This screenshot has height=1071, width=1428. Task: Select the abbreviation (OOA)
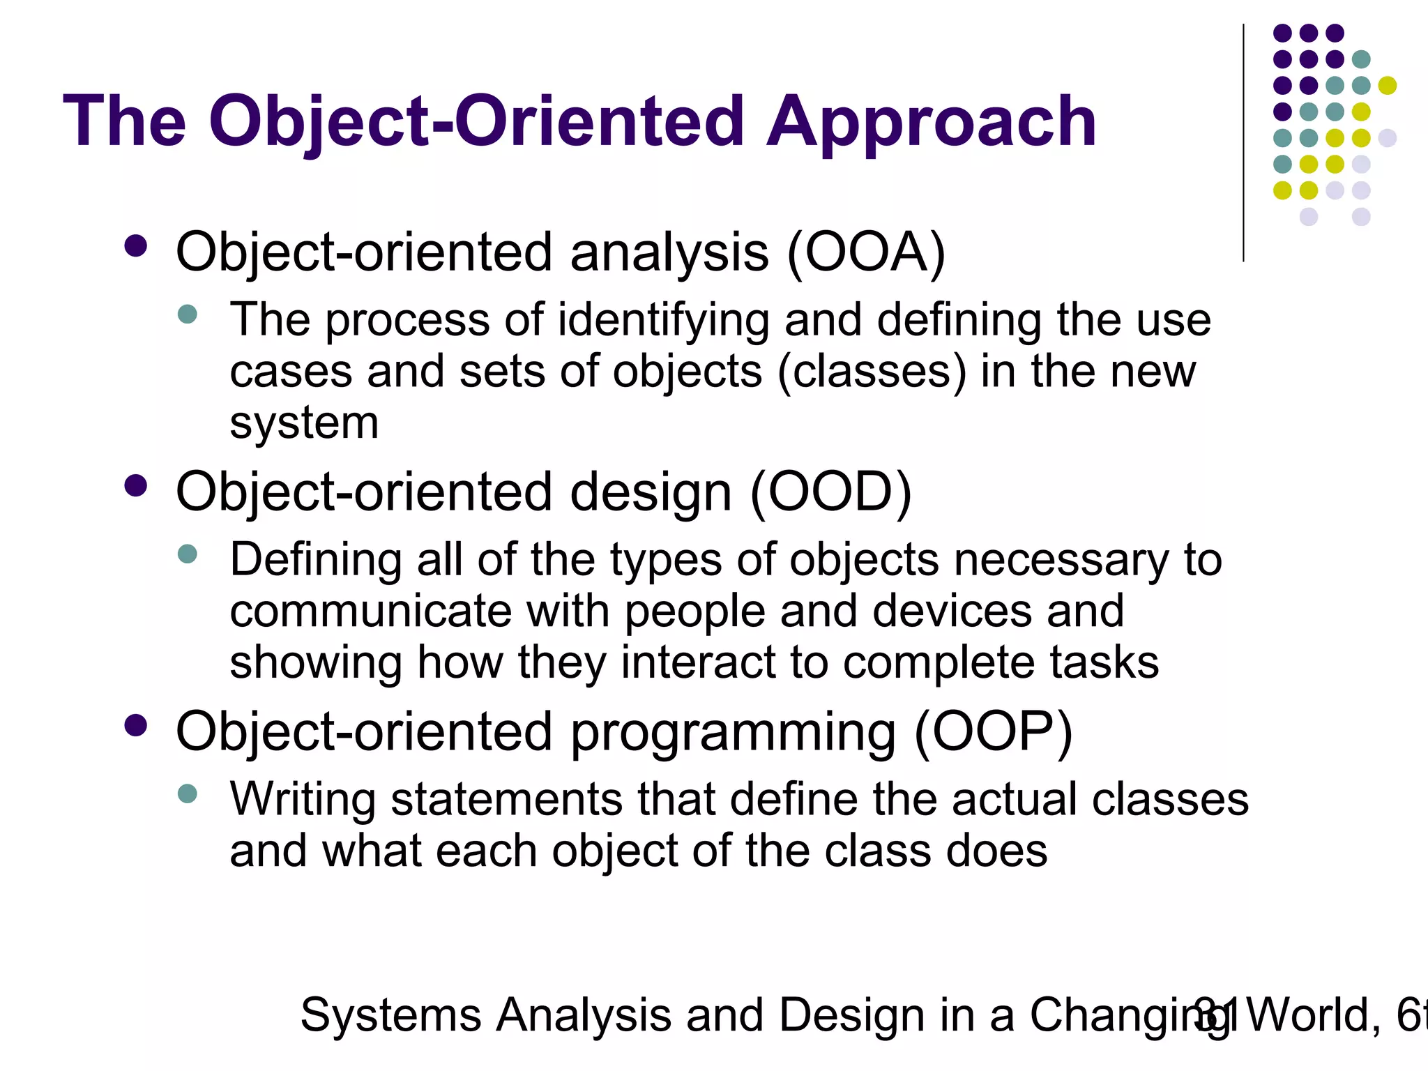866,252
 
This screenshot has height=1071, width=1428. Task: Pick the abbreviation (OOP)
993,732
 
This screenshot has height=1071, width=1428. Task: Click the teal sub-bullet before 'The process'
188,314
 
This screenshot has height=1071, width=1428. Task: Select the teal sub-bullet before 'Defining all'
188,554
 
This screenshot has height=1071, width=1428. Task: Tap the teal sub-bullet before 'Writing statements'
188,793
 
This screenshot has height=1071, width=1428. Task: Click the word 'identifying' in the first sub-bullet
663,321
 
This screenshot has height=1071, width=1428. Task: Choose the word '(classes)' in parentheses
872,372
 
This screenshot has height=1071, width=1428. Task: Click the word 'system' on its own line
304,423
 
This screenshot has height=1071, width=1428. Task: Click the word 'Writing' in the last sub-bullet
303,800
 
